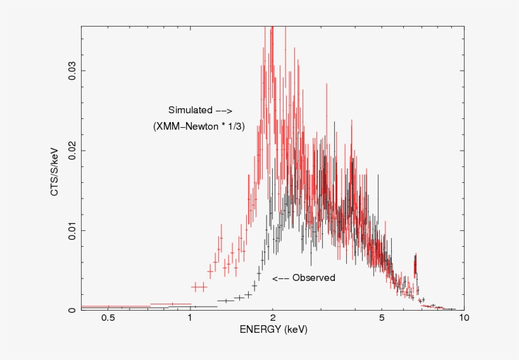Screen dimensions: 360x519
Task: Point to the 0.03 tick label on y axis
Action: point(72,70)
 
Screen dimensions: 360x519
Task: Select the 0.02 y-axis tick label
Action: point(72,150)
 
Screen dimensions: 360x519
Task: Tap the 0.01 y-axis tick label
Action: point(72,230)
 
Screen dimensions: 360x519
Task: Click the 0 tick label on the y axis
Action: point(72,310)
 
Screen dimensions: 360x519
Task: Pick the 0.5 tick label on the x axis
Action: point(108,318)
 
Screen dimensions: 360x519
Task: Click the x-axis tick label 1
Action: point(191,318)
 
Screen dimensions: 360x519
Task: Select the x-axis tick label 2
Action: point(273,318)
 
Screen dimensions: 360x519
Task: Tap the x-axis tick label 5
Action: point(382,318)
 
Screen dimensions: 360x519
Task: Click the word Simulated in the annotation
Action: point(190,109)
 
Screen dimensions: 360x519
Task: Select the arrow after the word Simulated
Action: point(225,110)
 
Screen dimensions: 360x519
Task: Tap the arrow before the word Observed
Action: point(280,278)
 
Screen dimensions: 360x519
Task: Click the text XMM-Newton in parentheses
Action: point(189,127)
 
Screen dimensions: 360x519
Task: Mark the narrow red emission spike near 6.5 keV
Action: point(415,266)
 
